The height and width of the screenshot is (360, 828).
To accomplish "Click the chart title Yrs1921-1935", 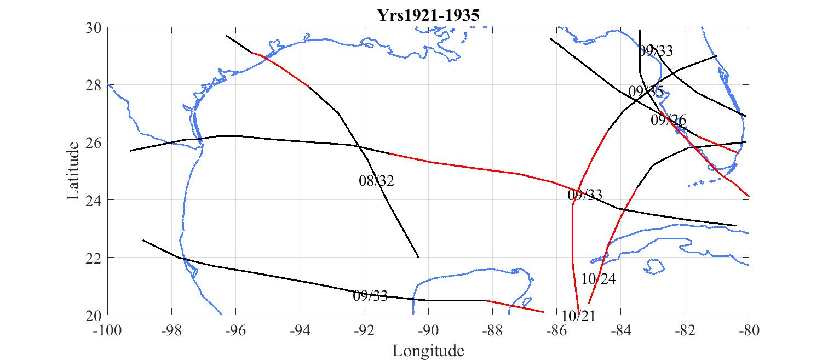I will [x=428, y=15].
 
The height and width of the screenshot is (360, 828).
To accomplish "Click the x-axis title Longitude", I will [x=428, y=351].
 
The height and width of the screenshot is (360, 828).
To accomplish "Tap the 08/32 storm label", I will [x=377, y=181].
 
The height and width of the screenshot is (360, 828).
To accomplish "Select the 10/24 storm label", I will [x=599, y=279].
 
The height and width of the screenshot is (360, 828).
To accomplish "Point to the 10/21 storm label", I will [x=579, y=316].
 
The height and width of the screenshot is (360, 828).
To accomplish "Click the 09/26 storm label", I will [x=668, y=120].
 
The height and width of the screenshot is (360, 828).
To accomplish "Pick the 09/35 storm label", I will [x=646, y=92].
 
